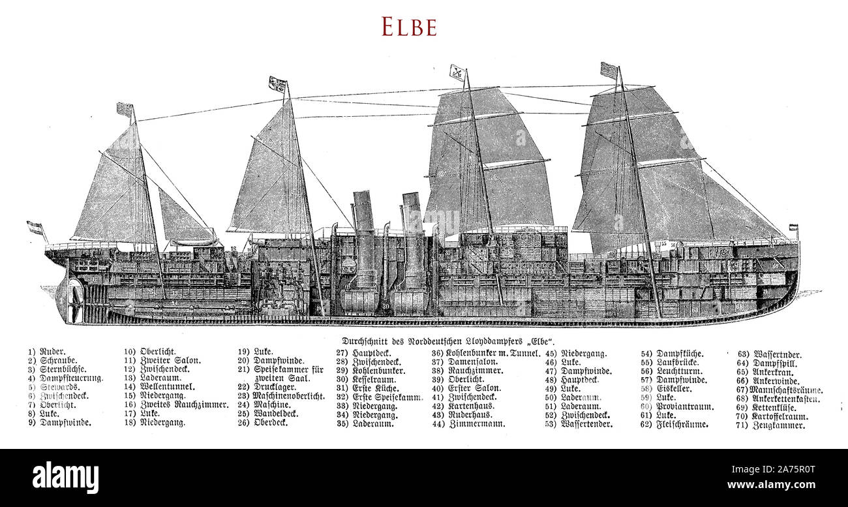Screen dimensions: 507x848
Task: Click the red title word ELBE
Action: click(x=409, y=27)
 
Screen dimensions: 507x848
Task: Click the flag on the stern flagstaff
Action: click(x=34, y=227)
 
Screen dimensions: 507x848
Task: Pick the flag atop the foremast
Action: click(x=609, y=70)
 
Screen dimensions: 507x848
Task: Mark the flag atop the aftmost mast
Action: click(x=124, y=109)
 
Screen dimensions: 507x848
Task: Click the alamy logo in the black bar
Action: click(x=65, y=477)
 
